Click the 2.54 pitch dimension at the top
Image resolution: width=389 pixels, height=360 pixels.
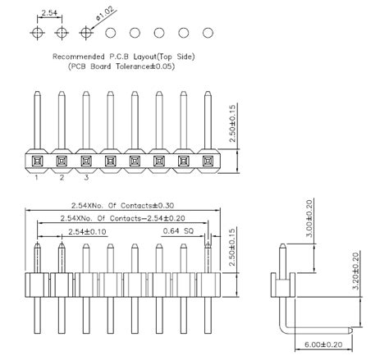(x=49, y=11)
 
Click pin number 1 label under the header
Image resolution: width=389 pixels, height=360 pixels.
(x=37, y=176)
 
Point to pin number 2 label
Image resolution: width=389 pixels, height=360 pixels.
(x=62, y=176)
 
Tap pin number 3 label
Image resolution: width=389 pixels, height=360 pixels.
(x=86, y=176)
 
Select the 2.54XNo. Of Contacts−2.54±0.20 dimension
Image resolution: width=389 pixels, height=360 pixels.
(x=115, y=218)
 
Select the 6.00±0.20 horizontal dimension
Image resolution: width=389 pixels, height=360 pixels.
(x=319, y=345)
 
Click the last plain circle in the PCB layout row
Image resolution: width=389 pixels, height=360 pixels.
(x=208, y=33)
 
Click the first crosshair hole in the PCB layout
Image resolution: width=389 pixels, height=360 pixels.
(x=37, y=33)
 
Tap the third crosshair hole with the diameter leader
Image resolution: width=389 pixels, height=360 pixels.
(x=86, y=33)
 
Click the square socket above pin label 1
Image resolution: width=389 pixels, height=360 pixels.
(x=37, y=160)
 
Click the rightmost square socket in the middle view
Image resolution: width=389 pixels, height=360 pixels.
(x=208, y=160)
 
